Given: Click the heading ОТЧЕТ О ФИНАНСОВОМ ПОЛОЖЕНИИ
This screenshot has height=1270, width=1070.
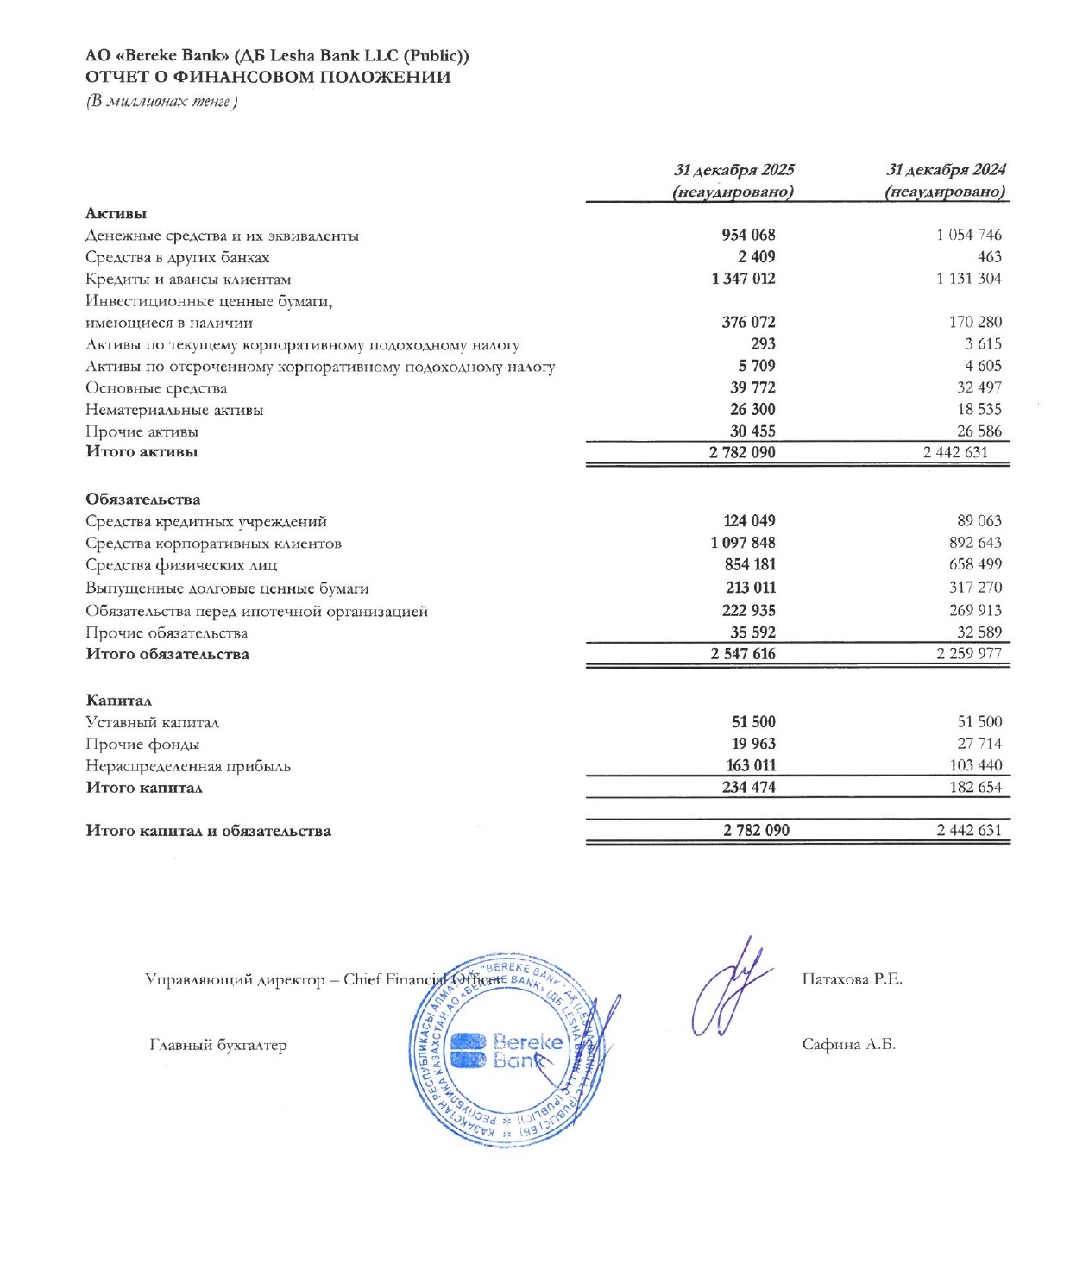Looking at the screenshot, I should tap(268, 77).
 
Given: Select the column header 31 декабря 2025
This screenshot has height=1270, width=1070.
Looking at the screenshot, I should tap(733, 170).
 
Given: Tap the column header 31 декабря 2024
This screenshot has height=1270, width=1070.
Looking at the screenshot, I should tap(946, 170).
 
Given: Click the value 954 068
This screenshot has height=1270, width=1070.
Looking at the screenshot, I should tap(748, 235).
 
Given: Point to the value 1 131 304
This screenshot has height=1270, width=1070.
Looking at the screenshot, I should tap(969, 279).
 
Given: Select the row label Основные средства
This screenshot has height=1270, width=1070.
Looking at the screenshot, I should tap(156, 388).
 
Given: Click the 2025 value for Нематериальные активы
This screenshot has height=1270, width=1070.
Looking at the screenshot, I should tap(752, 410).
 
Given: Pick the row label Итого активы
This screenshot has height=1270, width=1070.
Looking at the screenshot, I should tap(142, 451).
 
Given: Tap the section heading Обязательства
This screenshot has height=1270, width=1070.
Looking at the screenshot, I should tap(142, 500).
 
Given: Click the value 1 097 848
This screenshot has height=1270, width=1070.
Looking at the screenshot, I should tap(743, 543).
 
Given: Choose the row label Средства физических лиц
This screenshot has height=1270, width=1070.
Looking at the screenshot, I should tap(181, 566).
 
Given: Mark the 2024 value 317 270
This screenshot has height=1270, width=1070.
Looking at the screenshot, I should tap(975, 588).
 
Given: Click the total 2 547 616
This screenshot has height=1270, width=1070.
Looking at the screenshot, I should tap(743, 654).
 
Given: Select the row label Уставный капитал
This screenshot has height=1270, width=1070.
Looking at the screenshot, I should tap(152, 723).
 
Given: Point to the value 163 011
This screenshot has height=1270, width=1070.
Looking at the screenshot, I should tap(751, 765).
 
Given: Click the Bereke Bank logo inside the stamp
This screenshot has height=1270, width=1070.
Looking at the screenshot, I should tap(507, 1051).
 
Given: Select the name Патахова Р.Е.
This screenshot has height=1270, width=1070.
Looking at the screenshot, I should tap(852, 979).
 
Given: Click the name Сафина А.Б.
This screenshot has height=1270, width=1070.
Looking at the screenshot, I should tap(848, 1045).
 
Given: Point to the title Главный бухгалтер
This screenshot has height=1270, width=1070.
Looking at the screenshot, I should tap(217, 1046).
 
